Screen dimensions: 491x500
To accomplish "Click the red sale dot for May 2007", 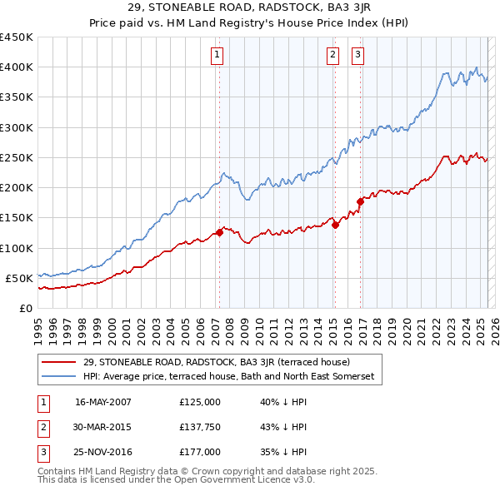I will click(x=220, y=232).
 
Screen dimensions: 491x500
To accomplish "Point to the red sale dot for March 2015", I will click(x=335, y=225).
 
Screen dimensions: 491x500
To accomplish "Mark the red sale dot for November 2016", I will click(x=360, y=201).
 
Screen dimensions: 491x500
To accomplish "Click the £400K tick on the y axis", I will click(x=17, y=67).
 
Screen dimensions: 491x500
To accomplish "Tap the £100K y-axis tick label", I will click(x=17, y=248).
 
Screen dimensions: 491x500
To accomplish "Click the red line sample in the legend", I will click(x=59, y=362).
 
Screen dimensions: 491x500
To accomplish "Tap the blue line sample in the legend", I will click(x=59, y=376).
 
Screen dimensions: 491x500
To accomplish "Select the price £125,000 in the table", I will click(x=199, y=401).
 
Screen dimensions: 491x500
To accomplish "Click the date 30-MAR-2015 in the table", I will click(x=103, y=427).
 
